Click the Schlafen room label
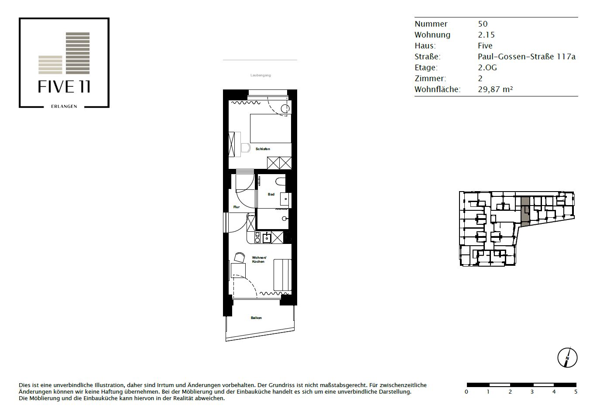(263, 149)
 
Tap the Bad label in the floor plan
(271, 194)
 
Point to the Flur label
(237, 207)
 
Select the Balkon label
(256, 318)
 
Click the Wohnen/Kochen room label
(259, 259)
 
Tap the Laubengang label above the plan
(261, 75)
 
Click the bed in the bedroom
(271, 128)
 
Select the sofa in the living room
(282, 274)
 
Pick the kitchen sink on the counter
(267, 238)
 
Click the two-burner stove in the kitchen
(257, 238)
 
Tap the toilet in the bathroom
(280, 182)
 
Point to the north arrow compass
(567, 358)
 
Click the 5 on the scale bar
(576, 392)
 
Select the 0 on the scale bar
(466, 392)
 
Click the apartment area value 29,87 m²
(495, 89)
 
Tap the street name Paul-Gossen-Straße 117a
(527, 57)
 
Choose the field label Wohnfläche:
(437, 89)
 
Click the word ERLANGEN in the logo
(64, 106)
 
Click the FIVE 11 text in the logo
(64, 86)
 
